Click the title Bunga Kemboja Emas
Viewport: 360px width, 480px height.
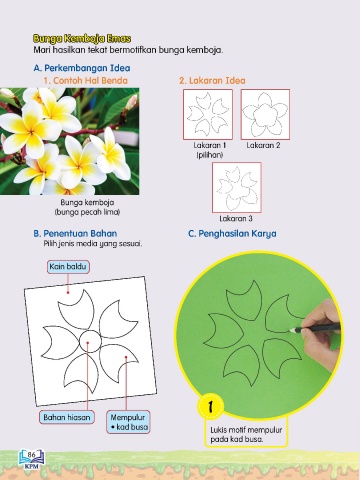click(x=82, y=39)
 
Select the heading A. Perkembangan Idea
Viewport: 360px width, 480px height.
click(x=82, y=68)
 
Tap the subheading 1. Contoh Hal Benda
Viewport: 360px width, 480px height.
click(x=86, y=80)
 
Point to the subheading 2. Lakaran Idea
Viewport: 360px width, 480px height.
click(x=212, y=80)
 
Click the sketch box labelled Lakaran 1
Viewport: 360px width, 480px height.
click(x=208, y=114)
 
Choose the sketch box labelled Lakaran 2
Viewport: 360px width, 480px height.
click(x=265, y=114)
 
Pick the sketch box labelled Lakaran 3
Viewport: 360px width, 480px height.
click(x=237, y=187)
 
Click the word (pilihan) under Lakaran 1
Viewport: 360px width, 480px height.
click(x=210, y=155)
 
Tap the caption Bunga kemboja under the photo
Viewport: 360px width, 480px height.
click(x=87, y=202)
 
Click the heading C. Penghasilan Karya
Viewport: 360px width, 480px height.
click(x=232, y=234)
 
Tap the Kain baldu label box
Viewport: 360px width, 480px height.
click(x=68, y=267)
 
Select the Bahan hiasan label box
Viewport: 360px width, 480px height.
click(x=67, y=417)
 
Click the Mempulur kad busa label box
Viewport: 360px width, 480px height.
click(x=128, y=422)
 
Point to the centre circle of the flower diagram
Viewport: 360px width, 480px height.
click(x=89, y=341)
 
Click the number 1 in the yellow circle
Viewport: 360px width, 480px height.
click(x=210, y=406)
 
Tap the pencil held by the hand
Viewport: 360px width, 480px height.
click(x=315, y=328)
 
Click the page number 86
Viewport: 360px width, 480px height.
click(x=32, y=454)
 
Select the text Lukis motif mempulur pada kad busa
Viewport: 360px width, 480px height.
click(x=246, y=434)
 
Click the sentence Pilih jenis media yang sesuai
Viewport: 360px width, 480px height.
click(x=93, y=244)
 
